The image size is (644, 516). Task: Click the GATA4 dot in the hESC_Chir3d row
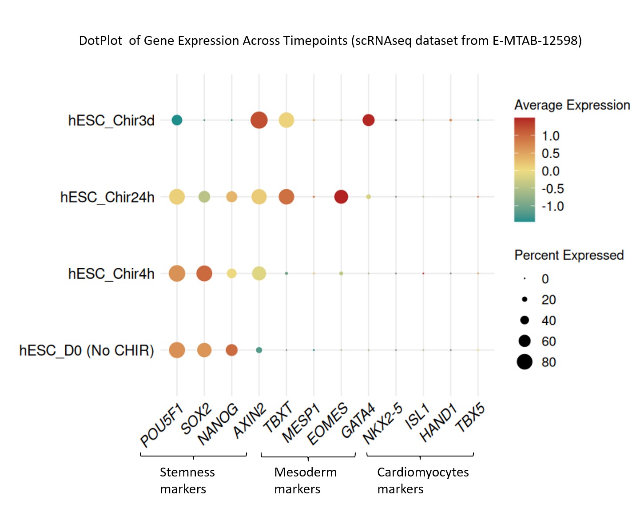point(368,120)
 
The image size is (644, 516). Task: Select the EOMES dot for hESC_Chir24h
point(341,196)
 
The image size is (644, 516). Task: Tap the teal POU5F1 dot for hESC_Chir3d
point(177,120)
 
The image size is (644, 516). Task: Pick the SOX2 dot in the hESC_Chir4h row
point(204,273)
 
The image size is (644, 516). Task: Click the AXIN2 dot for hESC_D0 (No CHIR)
point(259,350)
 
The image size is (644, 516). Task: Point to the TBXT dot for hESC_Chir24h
point(286,196)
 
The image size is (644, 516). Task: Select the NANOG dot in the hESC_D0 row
point(231,350)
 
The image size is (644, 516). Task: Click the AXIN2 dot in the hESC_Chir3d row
point(259,120)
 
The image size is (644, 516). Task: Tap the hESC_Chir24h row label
point(107,197)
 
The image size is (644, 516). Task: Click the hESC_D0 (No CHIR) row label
point(87,350)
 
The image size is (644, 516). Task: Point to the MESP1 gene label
point(302,423)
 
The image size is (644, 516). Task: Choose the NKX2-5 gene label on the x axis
point(382,423)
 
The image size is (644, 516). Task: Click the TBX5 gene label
point(470,418)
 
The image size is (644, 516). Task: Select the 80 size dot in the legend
point(525,362)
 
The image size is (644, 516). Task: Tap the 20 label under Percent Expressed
point(549,300)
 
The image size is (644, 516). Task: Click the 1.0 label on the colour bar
point(550,136)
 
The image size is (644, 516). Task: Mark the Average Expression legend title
point(572,105)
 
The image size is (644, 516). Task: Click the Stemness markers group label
point(187,480)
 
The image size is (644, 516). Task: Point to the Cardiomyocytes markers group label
point(423,480)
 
